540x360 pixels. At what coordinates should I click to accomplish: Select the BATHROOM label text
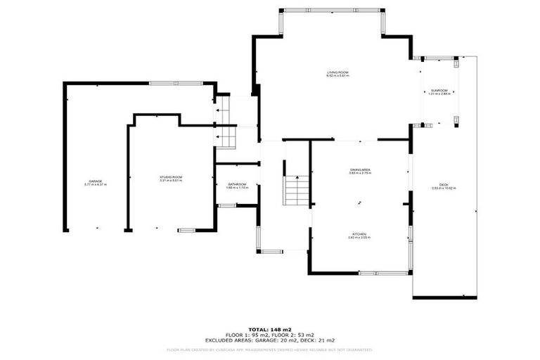[236, 185]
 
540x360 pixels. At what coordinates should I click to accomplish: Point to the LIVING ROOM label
[337, 73]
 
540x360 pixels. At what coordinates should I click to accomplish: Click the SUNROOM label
[439, 91]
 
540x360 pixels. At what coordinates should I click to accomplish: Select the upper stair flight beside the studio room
[224, 110]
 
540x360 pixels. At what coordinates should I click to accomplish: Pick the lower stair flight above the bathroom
[224, 137]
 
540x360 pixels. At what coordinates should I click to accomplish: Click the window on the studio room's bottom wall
[187, 230]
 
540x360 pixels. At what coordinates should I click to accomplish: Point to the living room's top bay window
[332, 10]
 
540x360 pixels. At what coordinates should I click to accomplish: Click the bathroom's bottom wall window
[226, 205]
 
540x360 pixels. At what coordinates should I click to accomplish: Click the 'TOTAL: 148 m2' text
[269, 329]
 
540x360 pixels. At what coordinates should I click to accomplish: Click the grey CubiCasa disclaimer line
[269, 349]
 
